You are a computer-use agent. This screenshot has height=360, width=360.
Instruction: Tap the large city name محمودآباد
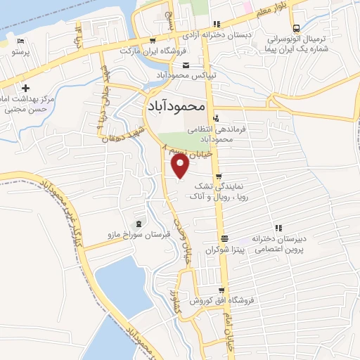click(x=176, y=106)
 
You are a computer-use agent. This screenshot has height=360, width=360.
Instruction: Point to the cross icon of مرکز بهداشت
click(x=25, y=89)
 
